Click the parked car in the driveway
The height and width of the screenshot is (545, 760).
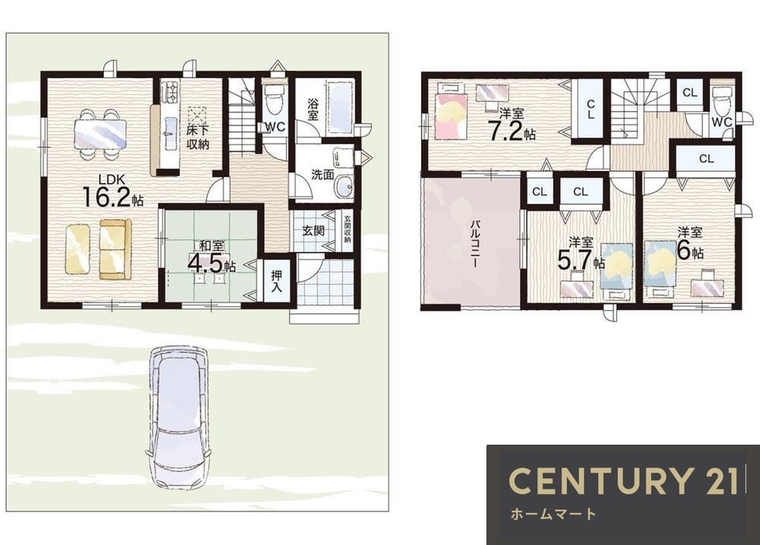[179, 418]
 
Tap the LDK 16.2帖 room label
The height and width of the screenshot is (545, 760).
[113, 191]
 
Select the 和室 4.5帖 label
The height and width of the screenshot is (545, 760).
[211, 258]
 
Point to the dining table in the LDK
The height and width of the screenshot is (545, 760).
[101, 133]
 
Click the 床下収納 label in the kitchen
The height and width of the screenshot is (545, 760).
[198, 137]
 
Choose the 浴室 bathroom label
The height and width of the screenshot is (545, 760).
[313, 109]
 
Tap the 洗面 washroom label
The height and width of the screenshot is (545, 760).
[323, 174]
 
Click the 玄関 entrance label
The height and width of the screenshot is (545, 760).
[313, 231]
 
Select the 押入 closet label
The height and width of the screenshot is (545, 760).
[277, 281]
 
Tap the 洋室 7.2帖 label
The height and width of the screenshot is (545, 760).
[511, 125]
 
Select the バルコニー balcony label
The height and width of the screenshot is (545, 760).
[476, 243]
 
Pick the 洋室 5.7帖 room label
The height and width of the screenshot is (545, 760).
[581, 254]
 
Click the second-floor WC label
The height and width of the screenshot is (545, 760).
[722, 122]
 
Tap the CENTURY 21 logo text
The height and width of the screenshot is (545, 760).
[624, 480]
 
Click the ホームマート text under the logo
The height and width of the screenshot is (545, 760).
[553, 514]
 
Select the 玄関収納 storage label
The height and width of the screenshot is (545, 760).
[347, 229]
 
